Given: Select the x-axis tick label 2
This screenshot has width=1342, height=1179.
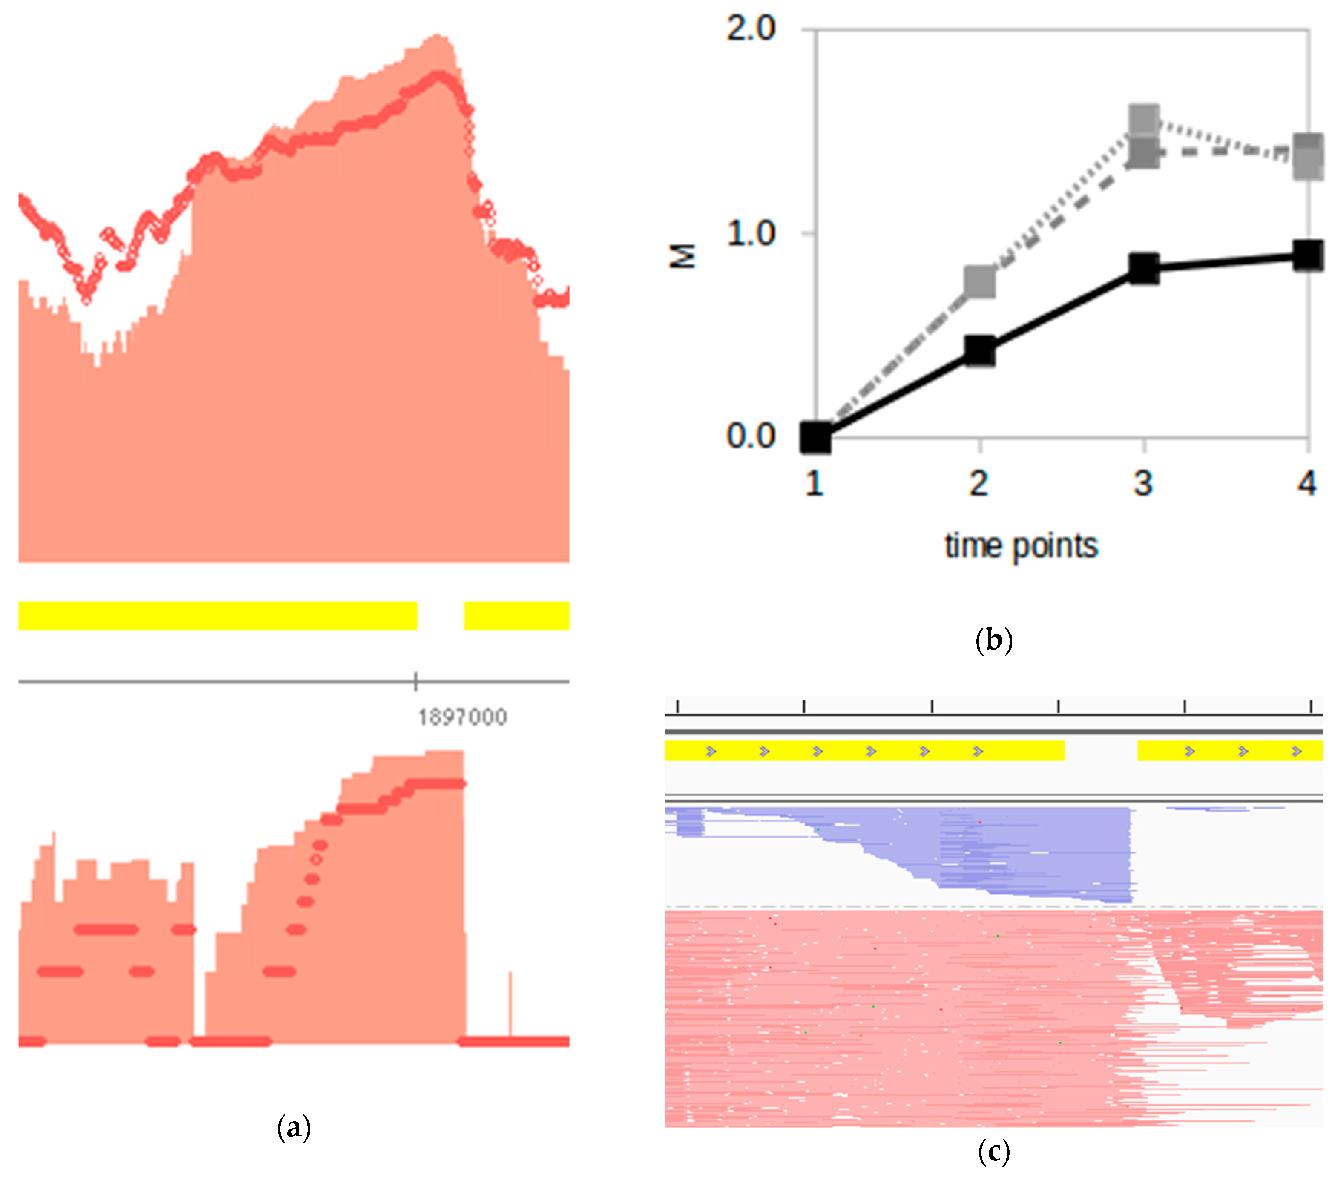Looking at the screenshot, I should [979, 483].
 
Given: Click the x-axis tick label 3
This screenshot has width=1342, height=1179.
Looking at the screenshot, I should [1143, 483].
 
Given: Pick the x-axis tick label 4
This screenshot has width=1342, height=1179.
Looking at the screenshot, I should [1306, 483].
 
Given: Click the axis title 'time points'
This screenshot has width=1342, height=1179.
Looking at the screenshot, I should [1021, 546].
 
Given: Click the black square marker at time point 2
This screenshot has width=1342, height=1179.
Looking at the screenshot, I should [980, 351].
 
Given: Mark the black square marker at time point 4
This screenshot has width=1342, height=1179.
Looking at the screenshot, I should [1307, 255].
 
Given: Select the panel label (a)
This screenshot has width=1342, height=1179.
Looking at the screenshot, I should [293, 1128].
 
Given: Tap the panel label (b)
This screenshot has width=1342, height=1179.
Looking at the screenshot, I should [994, 640].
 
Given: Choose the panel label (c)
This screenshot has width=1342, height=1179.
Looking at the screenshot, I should [994, 1152].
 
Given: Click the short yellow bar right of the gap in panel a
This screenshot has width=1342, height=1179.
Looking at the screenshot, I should [516, 615].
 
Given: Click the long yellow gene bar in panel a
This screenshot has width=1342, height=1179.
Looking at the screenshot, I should [217, 615].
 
